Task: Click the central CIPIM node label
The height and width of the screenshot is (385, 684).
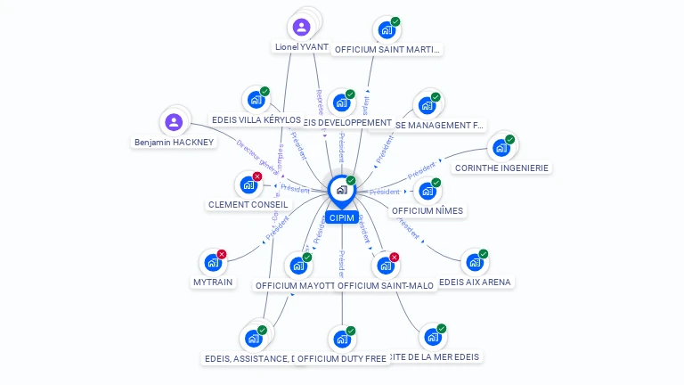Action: (x=341, y=218)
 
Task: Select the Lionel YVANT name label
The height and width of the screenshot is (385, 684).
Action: (x=301, y=46)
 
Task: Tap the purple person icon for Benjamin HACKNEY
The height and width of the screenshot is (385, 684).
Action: (x=174, y=122)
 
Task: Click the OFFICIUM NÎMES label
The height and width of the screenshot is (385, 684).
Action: (x=428, y=211)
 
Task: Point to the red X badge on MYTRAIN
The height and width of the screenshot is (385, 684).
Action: (x=222, y=254)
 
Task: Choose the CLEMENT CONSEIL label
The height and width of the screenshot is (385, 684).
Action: (x=248, y=204)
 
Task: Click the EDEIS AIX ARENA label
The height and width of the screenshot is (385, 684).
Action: (x=476, y=282)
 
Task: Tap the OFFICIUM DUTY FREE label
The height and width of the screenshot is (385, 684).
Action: (x=342, y=358)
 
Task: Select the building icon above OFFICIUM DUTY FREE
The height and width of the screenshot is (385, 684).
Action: (x=341, y=340)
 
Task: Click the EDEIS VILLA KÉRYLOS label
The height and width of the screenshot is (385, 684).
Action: (x=256, y=119)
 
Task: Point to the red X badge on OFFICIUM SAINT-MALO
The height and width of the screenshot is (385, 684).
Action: (x=394, y=258)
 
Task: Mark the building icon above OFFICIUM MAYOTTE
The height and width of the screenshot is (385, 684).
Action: (x=297, y=266)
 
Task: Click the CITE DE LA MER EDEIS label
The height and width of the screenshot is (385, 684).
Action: (x=436, y=356)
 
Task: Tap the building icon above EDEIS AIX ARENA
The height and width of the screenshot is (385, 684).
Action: (x=474, y=263)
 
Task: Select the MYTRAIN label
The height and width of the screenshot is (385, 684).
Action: (x=212, y=282)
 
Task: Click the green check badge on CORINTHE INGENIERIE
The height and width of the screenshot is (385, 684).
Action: (x=510, y=139)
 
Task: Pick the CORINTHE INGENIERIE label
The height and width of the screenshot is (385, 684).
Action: (x=502, y=168)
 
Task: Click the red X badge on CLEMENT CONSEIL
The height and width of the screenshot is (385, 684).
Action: (x=257, y=176)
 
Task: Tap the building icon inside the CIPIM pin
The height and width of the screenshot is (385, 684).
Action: (x=341, y=189)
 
